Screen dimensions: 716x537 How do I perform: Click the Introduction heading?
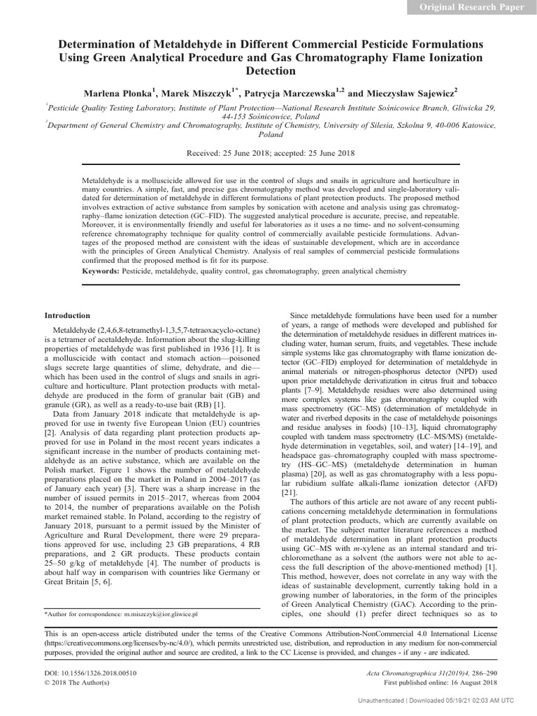click(x=67, y=315)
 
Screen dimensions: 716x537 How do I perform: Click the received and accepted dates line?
click(x=271, y=153)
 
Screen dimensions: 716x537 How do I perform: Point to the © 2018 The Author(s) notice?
click(x=77, y=682)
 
